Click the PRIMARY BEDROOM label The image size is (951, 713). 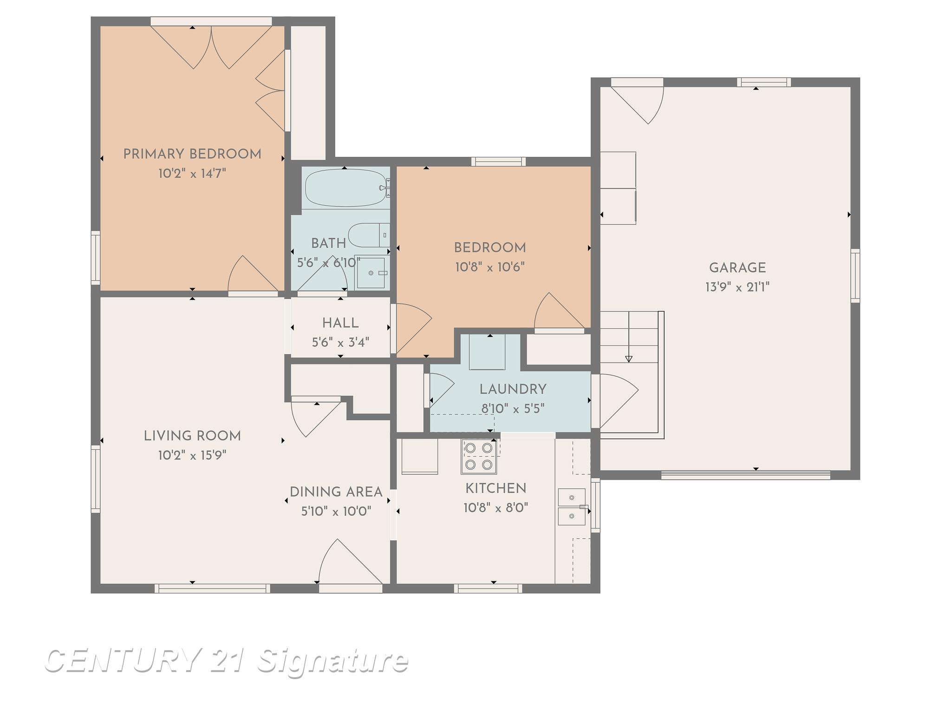click(x=192, y=154)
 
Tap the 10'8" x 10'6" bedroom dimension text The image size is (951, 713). click(x=490, y=267)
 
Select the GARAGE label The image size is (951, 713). click(x=737, y=268)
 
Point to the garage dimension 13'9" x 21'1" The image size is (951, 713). click(x=737, y=287)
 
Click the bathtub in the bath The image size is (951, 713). click(x=346, y=188)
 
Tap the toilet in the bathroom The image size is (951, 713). click(x=369, y=235)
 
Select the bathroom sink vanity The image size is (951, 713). click(x=372, y=273)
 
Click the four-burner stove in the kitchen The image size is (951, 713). click(x=479, y=456)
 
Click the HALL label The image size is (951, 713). click(x=340, y=323)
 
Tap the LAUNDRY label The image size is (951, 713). click(x=513, y=389)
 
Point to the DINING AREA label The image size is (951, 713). click(x=336, y=492)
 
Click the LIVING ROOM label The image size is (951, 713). click(x=192, y=436)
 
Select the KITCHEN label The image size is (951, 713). click(x=496, y=488)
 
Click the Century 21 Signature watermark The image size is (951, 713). click(x=227, y=661)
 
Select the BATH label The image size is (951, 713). click(x=328, y=243)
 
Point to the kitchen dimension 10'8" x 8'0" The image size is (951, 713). click(x=496, y=508)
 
